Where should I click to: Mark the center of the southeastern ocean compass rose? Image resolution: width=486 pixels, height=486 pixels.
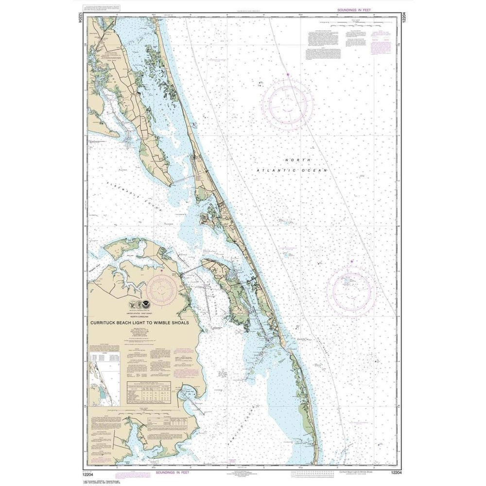click(351, 291)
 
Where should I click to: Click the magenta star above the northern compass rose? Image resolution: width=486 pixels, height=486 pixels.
click(288, 74)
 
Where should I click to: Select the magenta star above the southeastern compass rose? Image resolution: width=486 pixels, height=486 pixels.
click(352, 262)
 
